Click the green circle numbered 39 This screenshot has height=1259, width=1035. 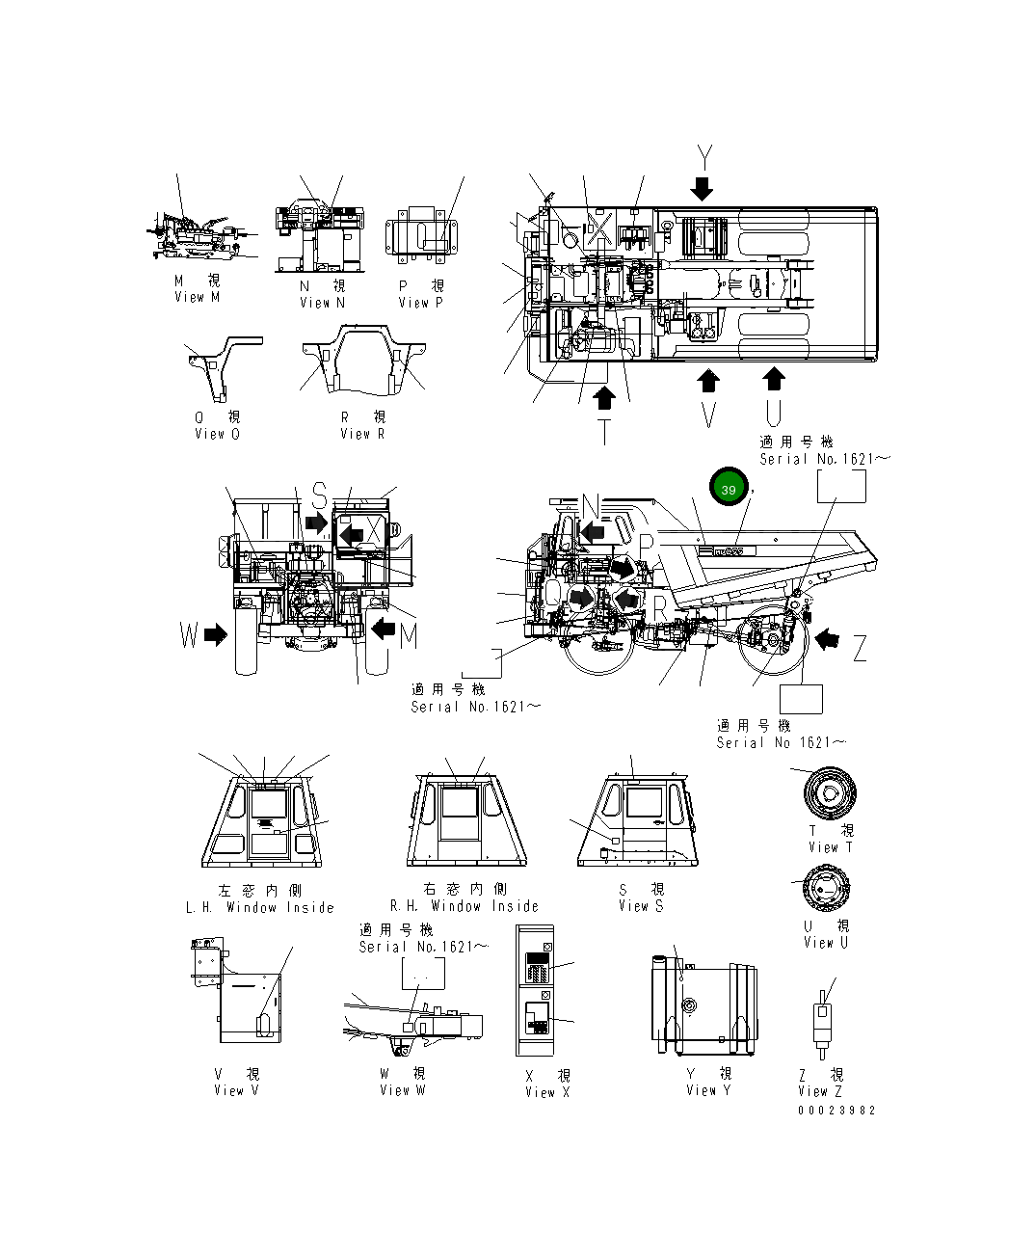click(729, 490)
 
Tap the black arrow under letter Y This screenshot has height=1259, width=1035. click(703, 187)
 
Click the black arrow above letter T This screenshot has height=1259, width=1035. click(604, 396)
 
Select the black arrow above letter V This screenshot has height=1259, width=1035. click(708, 381)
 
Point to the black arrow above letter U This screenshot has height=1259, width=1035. click(773, 379)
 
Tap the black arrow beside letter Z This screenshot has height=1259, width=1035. click(826, 638)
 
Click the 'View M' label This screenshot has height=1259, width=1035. click(198, 297)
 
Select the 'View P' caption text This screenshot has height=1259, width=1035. click(421, 302)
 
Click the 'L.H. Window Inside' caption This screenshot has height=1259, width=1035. click(259, 907)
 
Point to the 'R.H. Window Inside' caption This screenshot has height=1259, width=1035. click(464, 906)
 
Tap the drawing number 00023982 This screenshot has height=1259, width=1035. click(836, 1110)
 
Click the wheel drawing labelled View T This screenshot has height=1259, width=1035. click(830, 793)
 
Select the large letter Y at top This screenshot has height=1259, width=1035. click(704, 156)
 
